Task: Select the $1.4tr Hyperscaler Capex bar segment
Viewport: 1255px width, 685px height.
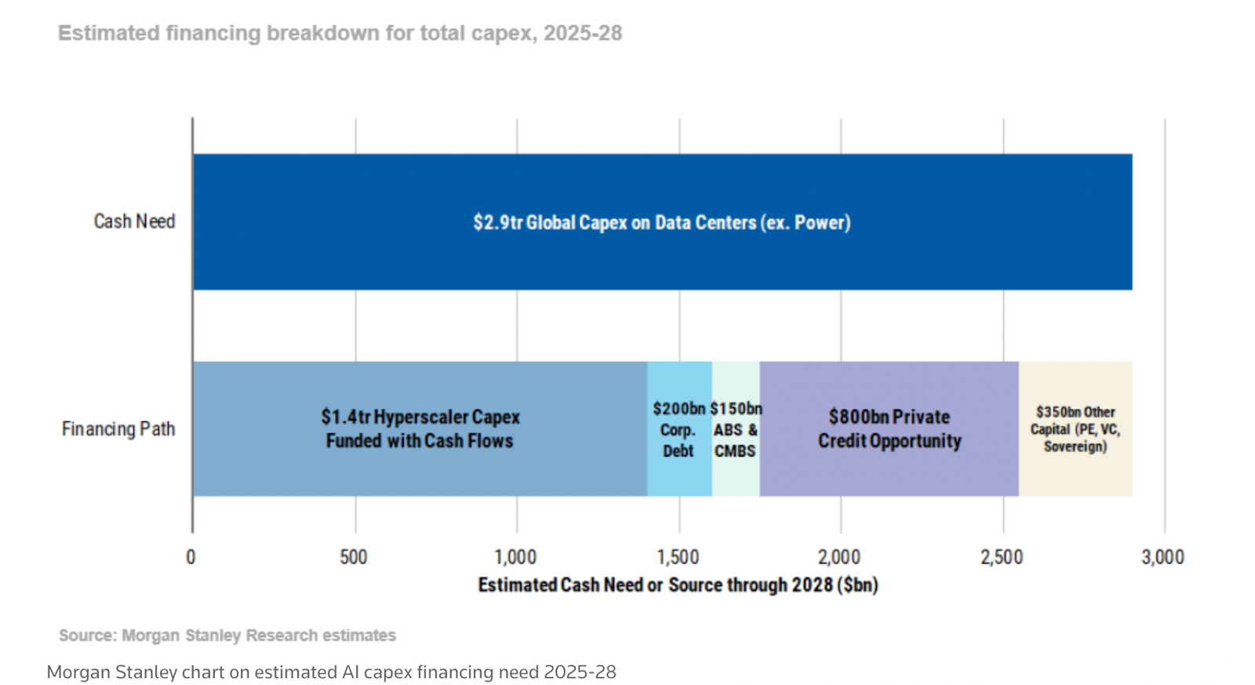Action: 420,428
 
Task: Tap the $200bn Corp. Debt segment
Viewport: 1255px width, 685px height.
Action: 678,429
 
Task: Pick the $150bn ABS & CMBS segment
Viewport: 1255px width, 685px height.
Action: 735,429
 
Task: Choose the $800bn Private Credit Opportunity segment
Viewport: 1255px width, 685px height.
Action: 889,428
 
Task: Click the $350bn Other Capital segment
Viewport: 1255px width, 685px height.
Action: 1075,428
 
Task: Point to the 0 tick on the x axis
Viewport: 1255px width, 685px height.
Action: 191,557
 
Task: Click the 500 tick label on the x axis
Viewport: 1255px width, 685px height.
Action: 353,557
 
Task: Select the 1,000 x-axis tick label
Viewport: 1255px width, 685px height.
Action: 515,557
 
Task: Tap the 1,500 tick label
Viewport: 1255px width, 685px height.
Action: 678,557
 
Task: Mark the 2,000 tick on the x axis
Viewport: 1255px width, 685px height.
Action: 839,557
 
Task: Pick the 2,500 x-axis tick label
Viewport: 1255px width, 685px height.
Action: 1002,557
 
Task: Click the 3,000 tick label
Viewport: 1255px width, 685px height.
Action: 1162,557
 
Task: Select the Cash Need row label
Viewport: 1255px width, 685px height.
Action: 134,221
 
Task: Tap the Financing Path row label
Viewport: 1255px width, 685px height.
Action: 118,429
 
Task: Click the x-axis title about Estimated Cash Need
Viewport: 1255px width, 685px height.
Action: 678,585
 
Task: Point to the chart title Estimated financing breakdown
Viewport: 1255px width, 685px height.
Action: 340,33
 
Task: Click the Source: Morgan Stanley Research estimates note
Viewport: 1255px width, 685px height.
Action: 227,635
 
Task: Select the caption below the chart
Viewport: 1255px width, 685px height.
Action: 331,672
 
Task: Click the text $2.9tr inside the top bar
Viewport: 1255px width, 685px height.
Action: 497,223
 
